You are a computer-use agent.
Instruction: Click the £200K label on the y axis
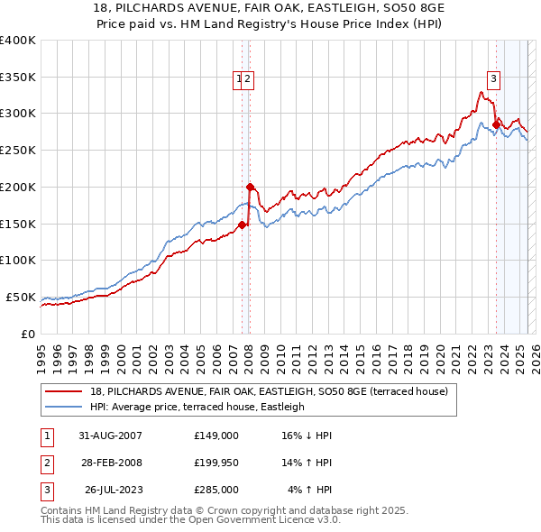coord(18,187)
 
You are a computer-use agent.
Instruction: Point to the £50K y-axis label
coord(21,297)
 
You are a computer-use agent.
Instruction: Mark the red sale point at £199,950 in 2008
coord(250,187)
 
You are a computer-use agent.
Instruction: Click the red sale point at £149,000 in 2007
coord(243,225)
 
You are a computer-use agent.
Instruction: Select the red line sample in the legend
coord(65,392)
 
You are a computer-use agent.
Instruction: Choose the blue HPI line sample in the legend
coord(65,407)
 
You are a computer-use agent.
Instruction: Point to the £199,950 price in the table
coord(216,463)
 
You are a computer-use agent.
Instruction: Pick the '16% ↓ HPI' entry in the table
coord(307,436)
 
